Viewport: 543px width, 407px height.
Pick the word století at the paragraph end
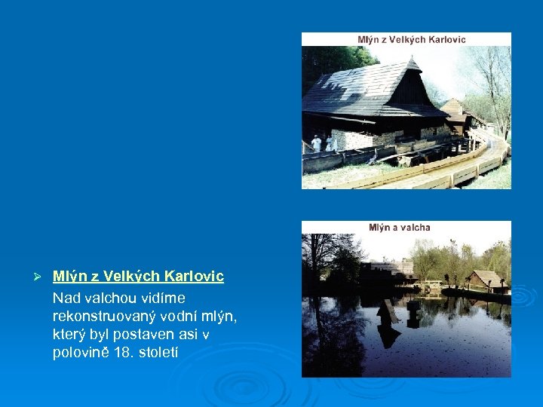(155, 352)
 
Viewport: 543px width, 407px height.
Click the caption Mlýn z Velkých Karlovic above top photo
(412, 39)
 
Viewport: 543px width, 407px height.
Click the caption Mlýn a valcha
(400, 228)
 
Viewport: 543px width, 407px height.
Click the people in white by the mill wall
(321, 142)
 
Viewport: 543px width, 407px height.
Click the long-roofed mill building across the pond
(388, 270)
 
